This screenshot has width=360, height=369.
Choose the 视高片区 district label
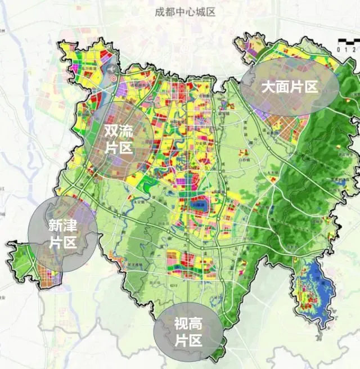187,331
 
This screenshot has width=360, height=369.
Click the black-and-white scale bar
349,41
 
